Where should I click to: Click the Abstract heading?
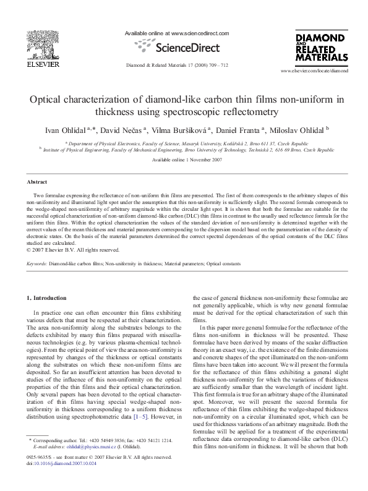(x=36, y=182)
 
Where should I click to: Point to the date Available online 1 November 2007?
(x=184, y=160)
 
